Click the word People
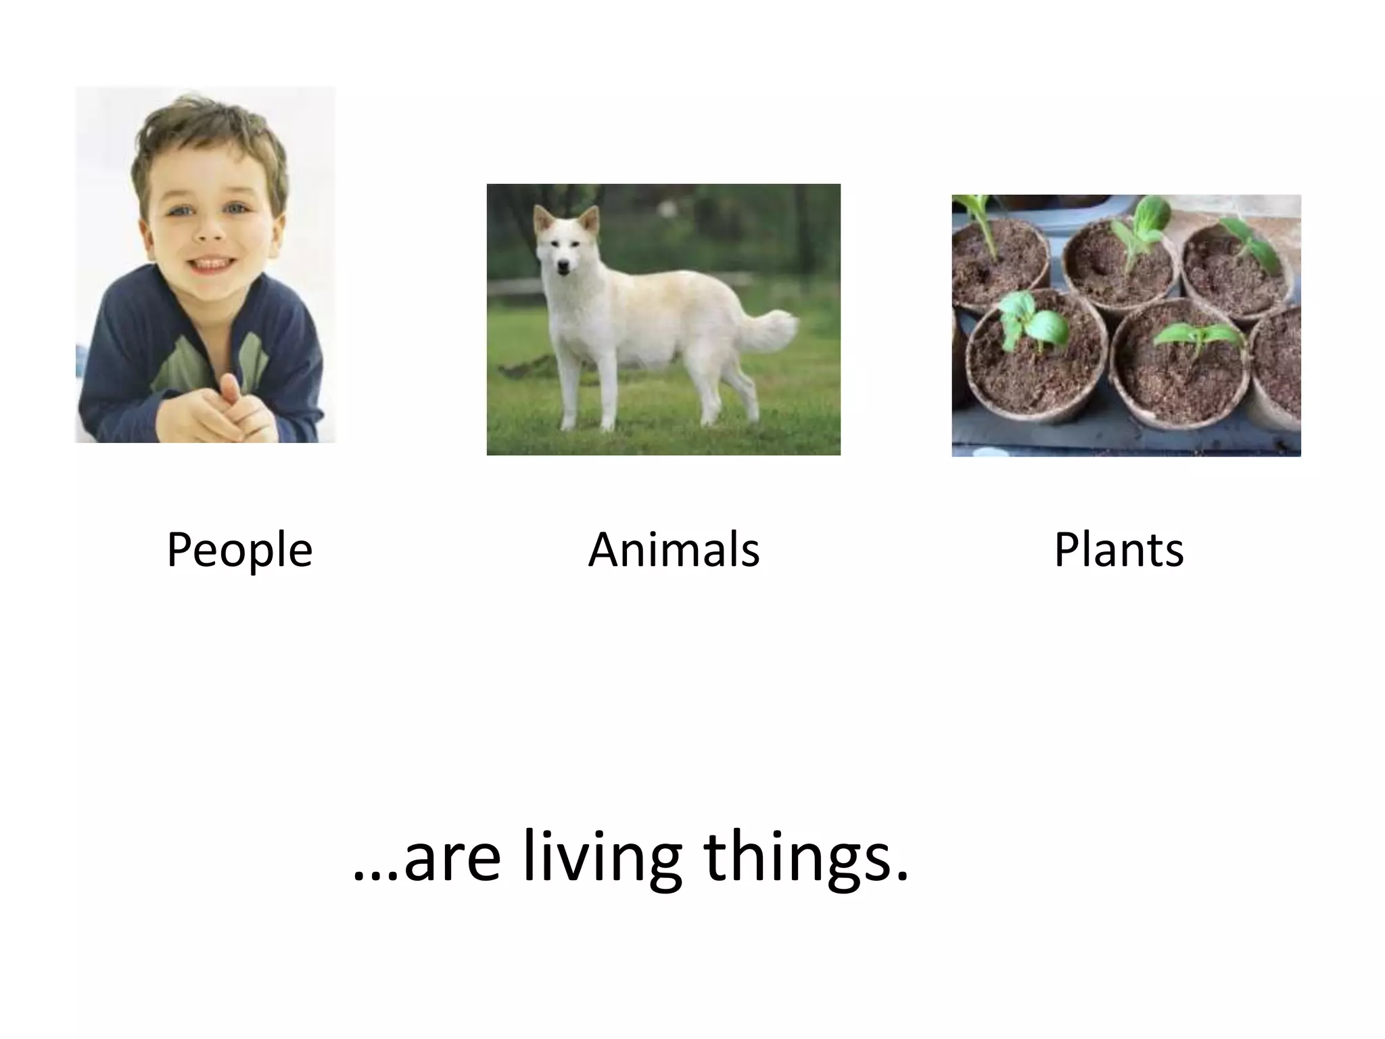239,550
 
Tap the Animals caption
674,549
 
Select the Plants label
1119,549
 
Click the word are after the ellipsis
452,860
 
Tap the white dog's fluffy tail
771,331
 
